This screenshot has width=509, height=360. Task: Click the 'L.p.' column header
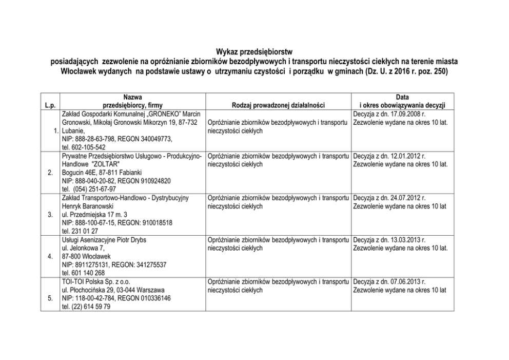click(50, 106)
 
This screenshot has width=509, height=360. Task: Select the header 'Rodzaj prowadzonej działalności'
click(279, 106)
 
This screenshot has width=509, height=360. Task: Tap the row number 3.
click(50, 215)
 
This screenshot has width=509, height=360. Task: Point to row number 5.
click(50, 298)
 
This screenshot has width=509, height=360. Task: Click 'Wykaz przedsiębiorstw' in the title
click(254, 52)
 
